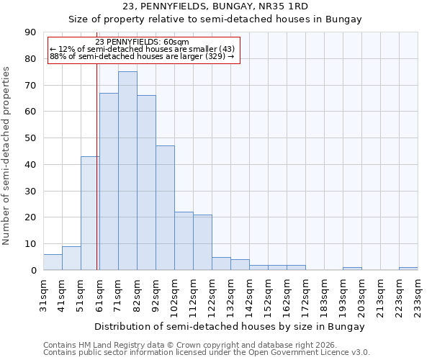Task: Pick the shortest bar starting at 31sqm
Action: [53, 262]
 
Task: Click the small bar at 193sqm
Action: [352, 269]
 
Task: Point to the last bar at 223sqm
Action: [408, 269]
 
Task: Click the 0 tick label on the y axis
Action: [33, 271]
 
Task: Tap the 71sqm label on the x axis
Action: [118, 296]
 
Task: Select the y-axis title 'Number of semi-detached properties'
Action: [7, 156]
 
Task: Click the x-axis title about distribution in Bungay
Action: [230, 327]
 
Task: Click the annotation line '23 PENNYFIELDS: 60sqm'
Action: [142, 42]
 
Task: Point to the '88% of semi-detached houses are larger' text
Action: [142, 56]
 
